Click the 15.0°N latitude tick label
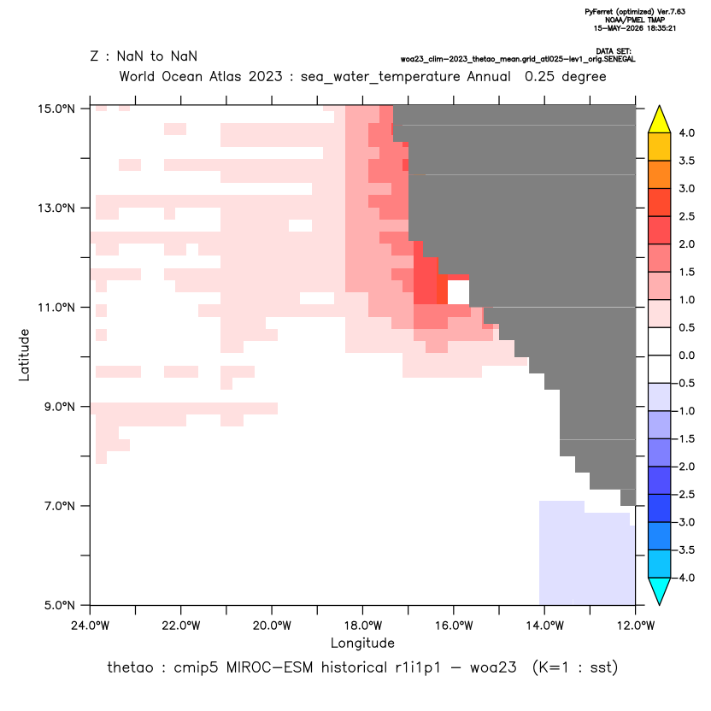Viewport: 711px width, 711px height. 56,109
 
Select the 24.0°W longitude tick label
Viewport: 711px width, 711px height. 91,626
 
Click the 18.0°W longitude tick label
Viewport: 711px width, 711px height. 362,626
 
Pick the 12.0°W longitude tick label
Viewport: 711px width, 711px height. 635,626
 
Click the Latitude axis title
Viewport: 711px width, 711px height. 24,355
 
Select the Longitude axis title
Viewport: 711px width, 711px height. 362,643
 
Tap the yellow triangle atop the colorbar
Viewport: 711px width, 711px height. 660,120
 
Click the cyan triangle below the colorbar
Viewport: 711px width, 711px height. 660,591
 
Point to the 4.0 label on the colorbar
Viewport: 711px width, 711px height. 686,132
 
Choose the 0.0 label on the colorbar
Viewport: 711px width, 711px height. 686,355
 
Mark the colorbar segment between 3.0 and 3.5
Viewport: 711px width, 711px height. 660,174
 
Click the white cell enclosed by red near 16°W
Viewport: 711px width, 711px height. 458,292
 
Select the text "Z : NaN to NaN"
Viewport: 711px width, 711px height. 144,56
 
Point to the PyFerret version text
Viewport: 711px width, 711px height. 635,12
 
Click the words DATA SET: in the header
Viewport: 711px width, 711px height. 613,51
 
